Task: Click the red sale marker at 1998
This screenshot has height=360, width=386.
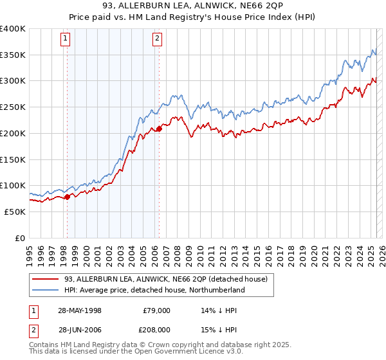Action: (x=67, y=197)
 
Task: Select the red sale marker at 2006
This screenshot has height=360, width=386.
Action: (x=159, y=129)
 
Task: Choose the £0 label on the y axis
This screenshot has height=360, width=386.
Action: (x=21, y=238)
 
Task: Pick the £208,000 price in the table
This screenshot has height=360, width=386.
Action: (x=154, y=329)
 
